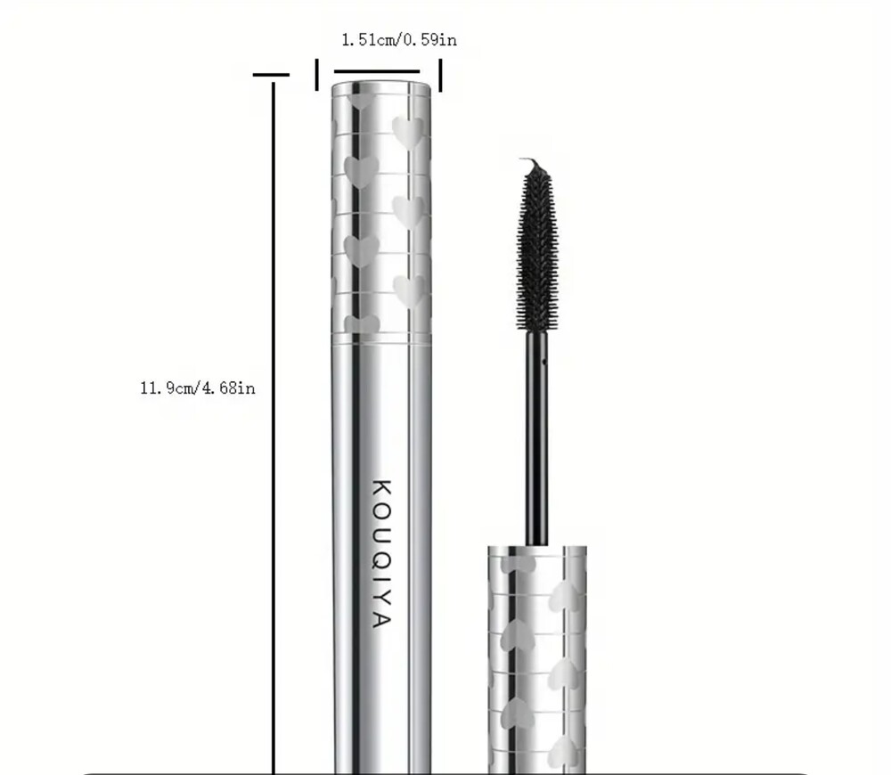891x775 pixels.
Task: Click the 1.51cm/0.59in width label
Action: (x=399, y=40)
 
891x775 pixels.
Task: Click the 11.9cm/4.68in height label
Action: (x=198, y=388)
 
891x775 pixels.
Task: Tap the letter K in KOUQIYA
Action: (x=382, y=488)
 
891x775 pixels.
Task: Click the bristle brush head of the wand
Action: (x=537, y=250)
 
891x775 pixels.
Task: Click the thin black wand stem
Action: (x=536, y=438)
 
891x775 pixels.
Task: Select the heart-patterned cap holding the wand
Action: (x=537, y=660)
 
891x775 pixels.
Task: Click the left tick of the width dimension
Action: (x=317, y=75)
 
